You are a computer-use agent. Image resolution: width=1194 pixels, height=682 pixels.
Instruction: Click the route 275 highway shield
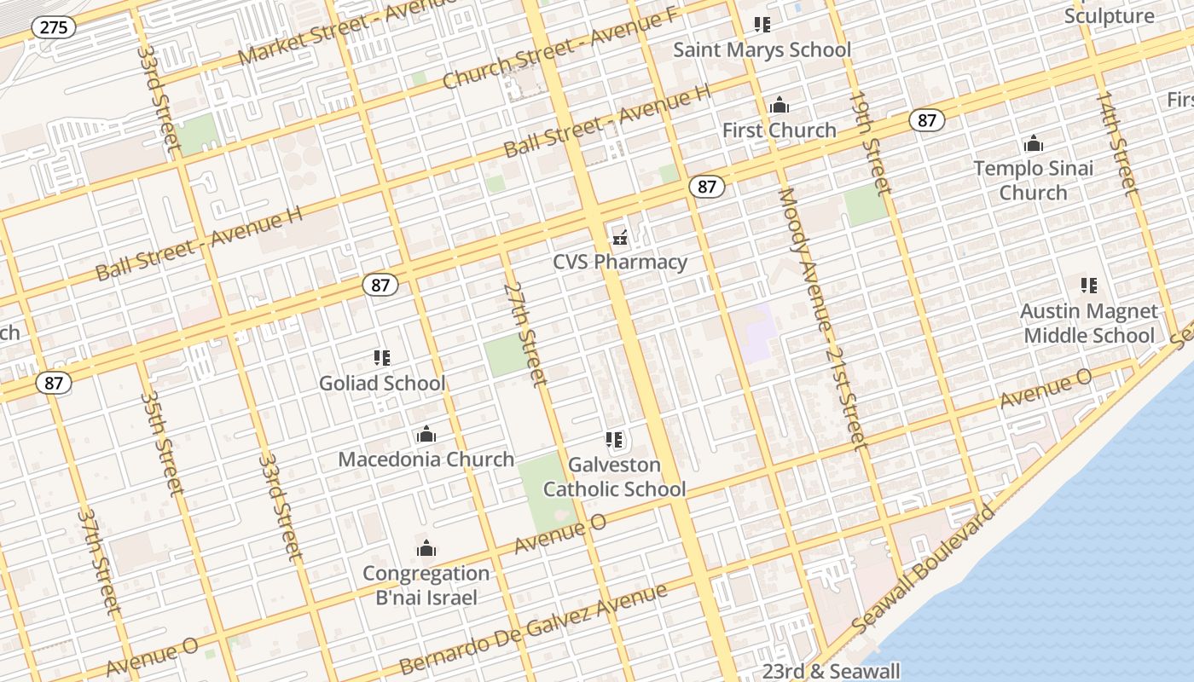[54, 27]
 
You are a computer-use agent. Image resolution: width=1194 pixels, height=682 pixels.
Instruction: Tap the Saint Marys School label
[762, 49]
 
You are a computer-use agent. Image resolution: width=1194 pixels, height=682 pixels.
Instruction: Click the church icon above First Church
[779, 106]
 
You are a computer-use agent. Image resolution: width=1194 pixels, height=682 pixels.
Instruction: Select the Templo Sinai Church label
[1033, 181]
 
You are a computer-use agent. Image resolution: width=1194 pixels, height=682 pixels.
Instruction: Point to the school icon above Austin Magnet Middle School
[1088, 286]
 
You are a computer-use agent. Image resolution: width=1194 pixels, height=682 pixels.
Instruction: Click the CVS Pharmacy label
[620, 262]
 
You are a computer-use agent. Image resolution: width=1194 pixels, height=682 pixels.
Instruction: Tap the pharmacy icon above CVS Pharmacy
[620, 236]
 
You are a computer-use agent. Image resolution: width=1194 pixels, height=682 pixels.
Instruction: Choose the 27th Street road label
[525, 333]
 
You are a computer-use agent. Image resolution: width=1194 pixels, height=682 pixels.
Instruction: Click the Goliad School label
[382, 384]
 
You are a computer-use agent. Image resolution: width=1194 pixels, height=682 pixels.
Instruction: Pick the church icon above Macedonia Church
[426, 435]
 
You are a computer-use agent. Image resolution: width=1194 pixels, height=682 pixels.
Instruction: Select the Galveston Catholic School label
[614, 477]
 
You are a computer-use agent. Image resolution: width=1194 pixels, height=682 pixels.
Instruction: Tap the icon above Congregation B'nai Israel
[426, 548]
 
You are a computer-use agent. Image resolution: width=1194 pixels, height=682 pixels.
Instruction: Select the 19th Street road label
[869, 142]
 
